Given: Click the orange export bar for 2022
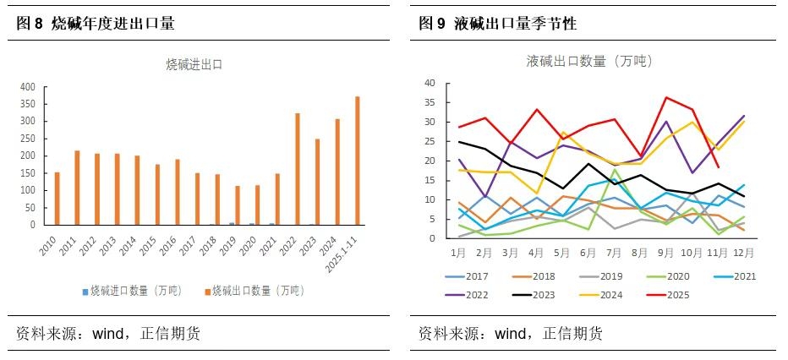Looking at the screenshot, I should point(297,169).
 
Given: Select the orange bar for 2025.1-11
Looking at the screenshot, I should point(357,161).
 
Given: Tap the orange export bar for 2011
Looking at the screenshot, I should point(77,188).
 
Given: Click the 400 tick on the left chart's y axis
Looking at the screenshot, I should point(27,86).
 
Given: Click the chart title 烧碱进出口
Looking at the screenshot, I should point(194,63).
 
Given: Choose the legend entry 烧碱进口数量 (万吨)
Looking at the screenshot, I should point(134,291).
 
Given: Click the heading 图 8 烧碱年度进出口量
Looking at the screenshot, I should point(96,24).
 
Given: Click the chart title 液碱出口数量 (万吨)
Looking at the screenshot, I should point(589,61).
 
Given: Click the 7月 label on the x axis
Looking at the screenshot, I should point(615,252).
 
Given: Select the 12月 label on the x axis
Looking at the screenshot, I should point(744,252).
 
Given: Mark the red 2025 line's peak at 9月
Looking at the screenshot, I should point(667,98).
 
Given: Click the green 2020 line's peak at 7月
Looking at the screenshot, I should point(615,170).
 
